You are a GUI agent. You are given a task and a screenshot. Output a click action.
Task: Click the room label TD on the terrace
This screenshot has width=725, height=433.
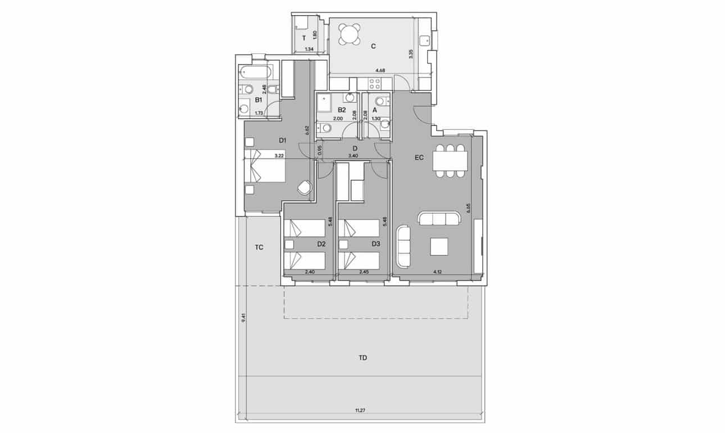pos(362,358)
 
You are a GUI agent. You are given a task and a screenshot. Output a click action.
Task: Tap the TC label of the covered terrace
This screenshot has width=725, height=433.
pos(259,247)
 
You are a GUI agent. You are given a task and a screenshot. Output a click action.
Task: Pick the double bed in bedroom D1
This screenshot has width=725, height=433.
pos(265,166)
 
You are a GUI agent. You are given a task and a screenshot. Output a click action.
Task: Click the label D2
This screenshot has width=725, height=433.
pos(321,244)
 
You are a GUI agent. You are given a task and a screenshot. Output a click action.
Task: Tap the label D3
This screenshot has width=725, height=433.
pos(376,244)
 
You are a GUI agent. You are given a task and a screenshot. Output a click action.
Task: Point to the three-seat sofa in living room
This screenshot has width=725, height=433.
pos(439,218)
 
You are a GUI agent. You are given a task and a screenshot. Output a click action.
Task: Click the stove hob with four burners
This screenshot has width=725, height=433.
pos(374,84)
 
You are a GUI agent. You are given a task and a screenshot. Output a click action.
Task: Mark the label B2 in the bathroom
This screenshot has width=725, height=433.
pos(341,110)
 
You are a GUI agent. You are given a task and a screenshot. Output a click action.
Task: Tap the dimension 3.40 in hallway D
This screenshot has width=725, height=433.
pos(354,155)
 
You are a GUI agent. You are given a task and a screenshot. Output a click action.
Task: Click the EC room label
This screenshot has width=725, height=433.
pos(419,159)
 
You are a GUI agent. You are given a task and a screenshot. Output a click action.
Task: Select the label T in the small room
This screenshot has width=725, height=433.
pos(304,38)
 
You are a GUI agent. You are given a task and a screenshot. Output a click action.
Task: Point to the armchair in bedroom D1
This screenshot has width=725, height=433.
pos(305,187)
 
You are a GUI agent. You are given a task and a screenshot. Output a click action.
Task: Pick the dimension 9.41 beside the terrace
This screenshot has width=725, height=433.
pos(243,318)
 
